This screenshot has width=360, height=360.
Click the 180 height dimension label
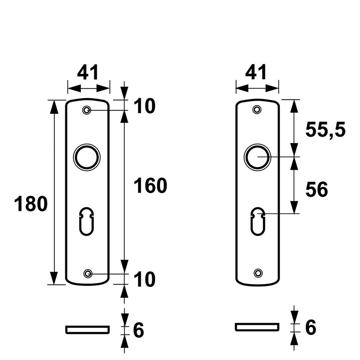(x=31, y=204)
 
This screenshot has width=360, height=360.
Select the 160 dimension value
(x=150, y=186)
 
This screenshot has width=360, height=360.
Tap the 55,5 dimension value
(x=325, y=130)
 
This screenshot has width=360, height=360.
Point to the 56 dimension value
(x=316, y=190)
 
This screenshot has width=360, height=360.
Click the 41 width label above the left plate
(x=88, y=73)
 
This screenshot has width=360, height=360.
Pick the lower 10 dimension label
(x=144, y=280)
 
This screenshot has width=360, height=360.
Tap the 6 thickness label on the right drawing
(x=310, y=328)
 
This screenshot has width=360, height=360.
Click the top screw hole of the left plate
(x=86, y=110)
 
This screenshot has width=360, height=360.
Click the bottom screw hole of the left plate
(x=87, y=274)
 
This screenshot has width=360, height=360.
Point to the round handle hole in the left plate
(x=87, y=157)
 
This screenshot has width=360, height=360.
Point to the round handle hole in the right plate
(x=257, y=157)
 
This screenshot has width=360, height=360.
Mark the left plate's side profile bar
(x=87, y=329)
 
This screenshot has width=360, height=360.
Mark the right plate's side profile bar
(x=257, y=327)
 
